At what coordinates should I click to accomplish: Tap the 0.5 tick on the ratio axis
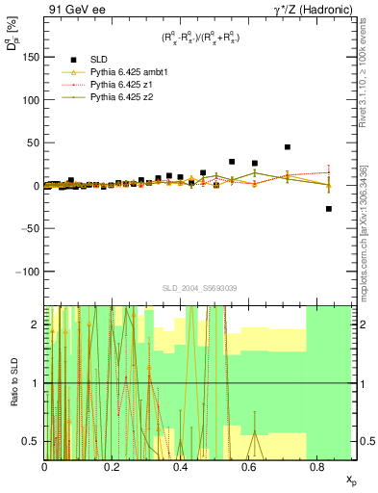click(31, 441)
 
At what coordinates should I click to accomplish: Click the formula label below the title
click(200, 38)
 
